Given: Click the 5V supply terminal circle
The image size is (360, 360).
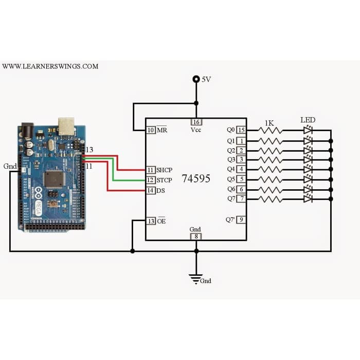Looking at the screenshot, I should coord(196,79).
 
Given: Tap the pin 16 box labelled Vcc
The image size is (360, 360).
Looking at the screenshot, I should coord(196,122).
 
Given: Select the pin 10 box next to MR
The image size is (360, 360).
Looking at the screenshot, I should coord(151,130).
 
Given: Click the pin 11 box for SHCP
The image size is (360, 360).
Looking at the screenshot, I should coord(151,170).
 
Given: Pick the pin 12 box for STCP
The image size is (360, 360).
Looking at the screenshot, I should coord(151,180).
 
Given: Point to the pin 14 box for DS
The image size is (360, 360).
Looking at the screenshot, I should coord(151,191).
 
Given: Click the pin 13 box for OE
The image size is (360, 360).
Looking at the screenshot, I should coord(151,221).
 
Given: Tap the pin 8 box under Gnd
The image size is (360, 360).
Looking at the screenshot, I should coord(196,237).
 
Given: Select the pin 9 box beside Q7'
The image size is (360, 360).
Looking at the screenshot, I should coord(241,220).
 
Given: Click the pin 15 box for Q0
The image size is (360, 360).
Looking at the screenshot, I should coord(241,130).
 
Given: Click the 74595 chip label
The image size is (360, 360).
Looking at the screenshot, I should coord(195,179).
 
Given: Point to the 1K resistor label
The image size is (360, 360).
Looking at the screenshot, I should coord(269,123).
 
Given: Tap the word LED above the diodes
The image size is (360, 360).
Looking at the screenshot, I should coord(308,120).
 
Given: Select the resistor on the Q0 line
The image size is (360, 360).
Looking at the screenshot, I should coord(271,131).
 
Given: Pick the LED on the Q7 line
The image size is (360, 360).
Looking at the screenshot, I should coord(308,199).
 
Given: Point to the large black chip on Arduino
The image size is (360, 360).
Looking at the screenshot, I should coord(53,178).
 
